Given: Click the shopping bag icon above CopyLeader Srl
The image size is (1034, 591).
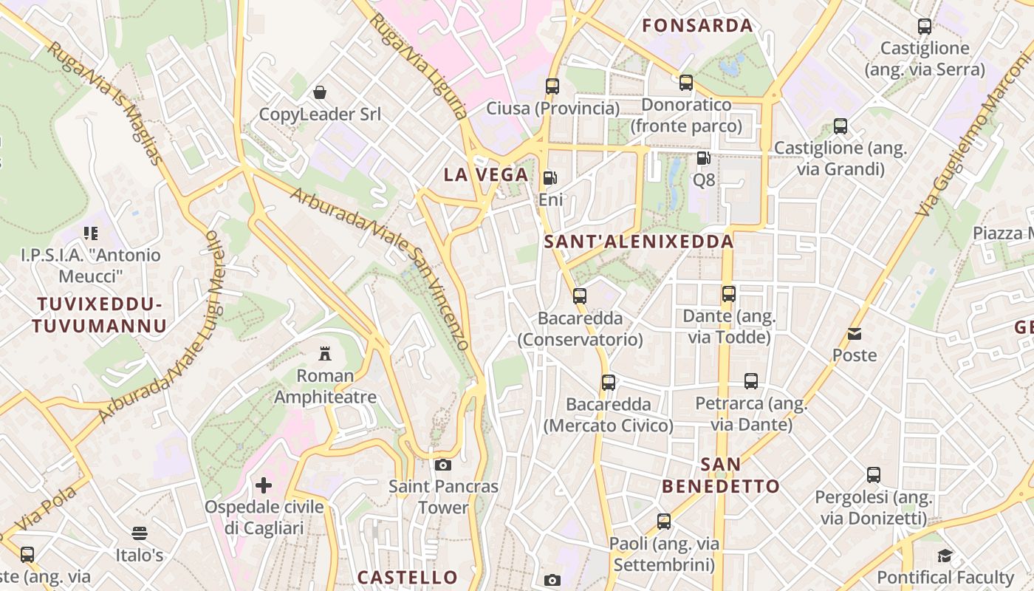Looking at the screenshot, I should tap(320, 92).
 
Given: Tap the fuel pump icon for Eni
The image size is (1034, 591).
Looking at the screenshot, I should tap(549, 178).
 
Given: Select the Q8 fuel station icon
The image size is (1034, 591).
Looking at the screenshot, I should tap(703, 158).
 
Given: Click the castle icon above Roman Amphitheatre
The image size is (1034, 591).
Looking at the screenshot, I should tap(325, 353).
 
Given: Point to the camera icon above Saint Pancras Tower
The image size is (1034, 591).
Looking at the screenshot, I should tap(443, 465).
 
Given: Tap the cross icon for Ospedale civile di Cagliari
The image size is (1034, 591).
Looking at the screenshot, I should tap(264, 485).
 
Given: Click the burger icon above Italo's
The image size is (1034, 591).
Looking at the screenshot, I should tap(140, 533).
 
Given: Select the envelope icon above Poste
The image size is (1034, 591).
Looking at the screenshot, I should tap(855, 334).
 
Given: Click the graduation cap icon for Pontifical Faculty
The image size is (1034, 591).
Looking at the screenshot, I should tap(945, 556).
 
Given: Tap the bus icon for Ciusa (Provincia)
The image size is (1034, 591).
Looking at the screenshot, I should tap(552, 86).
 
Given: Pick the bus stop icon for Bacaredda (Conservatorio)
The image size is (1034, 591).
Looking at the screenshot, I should tap(580, 296).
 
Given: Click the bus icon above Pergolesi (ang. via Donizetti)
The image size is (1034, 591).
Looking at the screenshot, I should tap(874, 475).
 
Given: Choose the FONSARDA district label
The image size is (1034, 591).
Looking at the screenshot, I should tap(697, 26).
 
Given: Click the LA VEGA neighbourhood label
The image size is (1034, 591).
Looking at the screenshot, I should tap(486, 175).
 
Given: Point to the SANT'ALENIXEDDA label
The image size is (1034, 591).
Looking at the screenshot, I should tap(639, 242).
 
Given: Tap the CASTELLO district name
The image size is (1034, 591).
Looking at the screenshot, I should tap(408, 577).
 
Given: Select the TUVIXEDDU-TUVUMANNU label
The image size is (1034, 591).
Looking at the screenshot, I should tap(99, 315).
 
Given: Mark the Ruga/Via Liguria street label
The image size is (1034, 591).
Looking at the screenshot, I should tap(419, 65).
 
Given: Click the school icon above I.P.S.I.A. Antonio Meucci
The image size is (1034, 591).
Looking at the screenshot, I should tap(91, 234).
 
